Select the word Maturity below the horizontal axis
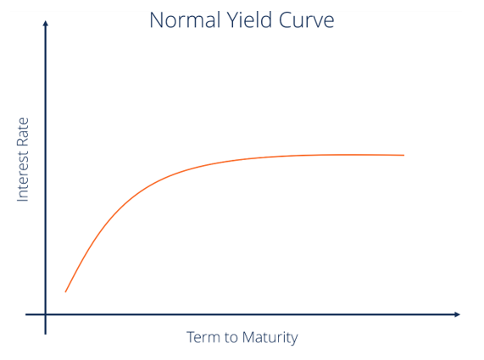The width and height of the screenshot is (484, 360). click(270, 337)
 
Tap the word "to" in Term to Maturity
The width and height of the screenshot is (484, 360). click(231, 337)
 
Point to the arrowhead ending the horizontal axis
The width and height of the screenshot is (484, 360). click(457, 315)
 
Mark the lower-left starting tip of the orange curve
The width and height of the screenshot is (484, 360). click(65, 292)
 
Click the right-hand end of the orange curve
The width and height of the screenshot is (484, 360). click(403, 155)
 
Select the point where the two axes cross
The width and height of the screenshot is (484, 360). click(45, 315)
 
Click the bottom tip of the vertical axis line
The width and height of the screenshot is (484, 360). click(45, 333)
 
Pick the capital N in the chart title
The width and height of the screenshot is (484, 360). click(156, 19)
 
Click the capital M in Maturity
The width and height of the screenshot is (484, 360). click(248, 337)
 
